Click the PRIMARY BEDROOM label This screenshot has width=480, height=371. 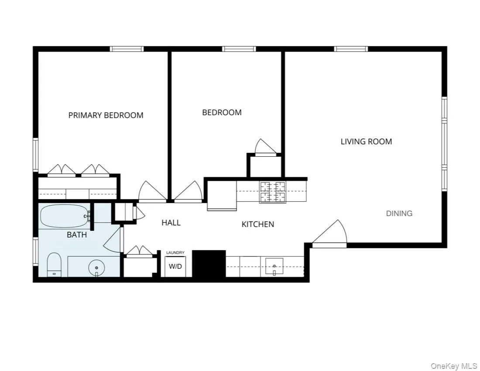coord(106,115)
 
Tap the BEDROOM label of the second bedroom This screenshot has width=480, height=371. coord(222,112)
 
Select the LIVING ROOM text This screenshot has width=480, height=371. coord(366,141)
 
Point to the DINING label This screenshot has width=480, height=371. coord(399,213)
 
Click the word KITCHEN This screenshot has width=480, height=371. coord(258,224)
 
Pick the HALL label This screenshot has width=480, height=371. coord(171,223)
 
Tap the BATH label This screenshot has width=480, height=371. coord(77,235)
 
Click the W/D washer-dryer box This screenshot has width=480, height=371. coord(175,266)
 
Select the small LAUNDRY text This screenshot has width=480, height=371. coord(175,253)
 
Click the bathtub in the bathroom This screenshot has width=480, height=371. coord(64,216)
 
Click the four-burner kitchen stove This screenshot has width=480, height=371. coord(273,192)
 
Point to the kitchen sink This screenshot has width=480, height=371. coord(274,266)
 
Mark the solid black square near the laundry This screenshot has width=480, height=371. coord(209,263)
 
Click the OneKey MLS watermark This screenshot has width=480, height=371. coord(454,365)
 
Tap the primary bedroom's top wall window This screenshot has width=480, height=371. coord(127,49)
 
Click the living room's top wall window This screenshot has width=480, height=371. coord(351,49)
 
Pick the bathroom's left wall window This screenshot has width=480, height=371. coord(35,251)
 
